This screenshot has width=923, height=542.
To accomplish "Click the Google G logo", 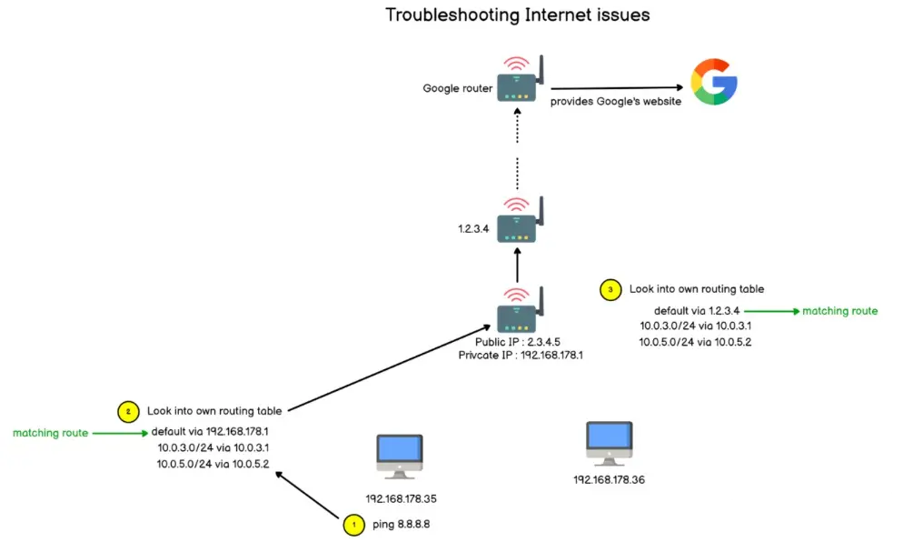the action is [x=714, y=82].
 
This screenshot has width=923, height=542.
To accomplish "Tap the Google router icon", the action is [x=520, y=79].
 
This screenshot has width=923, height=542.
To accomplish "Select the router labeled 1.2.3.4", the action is [x=520, y=220].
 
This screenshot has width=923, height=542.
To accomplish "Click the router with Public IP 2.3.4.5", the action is [x=520, y=310].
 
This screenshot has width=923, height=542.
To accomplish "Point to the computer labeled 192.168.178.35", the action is [x=400, y=457].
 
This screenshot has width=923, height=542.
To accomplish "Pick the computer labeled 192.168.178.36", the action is [x=610, y=444].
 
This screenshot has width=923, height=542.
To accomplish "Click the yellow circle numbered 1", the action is [x=353, y=525].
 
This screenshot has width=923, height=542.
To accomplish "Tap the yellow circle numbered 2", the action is [x=128, y=412].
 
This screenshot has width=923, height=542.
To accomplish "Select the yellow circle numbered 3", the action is [x=610, y=289].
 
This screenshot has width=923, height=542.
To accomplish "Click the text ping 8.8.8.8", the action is [x=401, y=524].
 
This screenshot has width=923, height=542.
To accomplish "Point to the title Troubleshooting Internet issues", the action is [x=518, y=15].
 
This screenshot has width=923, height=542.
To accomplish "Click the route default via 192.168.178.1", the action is [x=210, y=431].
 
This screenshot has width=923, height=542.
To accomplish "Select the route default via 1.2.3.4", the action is [x=697, y=310].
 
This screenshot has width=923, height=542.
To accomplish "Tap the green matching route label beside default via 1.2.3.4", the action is [x=840, y=310].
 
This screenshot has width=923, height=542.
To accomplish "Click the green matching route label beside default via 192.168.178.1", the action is [x=51, y=433].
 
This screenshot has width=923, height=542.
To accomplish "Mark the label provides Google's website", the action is [x=616, y=101].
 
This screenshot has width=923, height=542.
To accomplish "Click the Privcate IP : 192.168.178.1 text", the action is [x=521, y=356].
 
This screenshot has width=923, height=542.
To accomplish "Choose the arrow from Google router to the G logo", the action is [x=617, y=88].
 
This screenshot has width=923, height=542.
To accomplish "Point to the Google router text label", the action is [x=457, y=88].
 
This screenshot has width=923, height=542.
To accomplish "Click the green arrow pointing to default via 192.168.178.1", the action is [x=120, y=433].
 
